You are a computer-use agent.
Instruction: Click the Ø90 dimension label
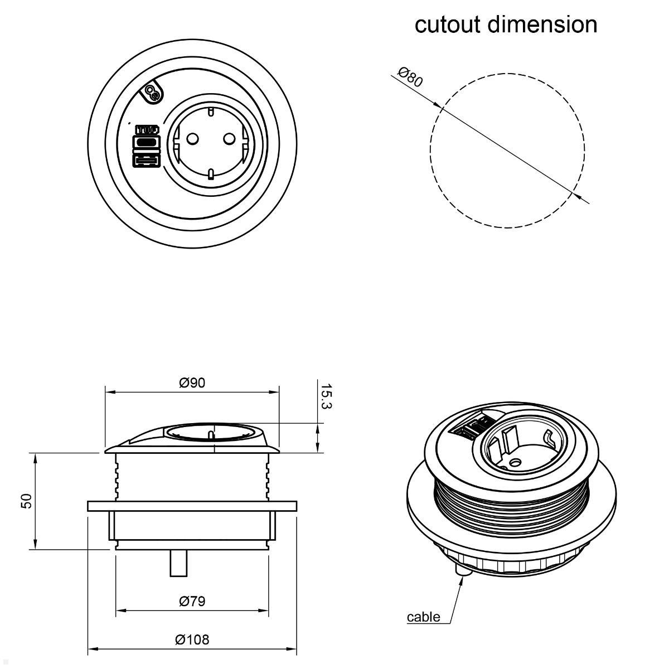click(192, 382)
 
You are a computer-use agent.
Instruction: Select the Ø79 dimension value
click(192, 601)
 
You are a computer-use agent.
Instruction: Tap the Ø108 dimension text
click(192, 639)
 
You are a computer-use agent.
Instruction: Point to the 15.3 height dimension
click(326, 396)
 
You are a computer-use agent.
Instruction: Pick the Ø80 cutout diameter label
click(411, 76)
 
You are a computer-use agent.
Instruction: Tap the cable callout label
click(423, 617)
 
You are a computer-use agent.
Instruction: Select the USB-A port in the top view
click(146, 161)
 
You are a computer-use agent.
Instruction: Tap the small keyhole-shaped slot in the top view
click(152, 94)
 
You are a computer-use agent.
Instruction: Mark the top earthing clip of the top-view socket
click(211, 112)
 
